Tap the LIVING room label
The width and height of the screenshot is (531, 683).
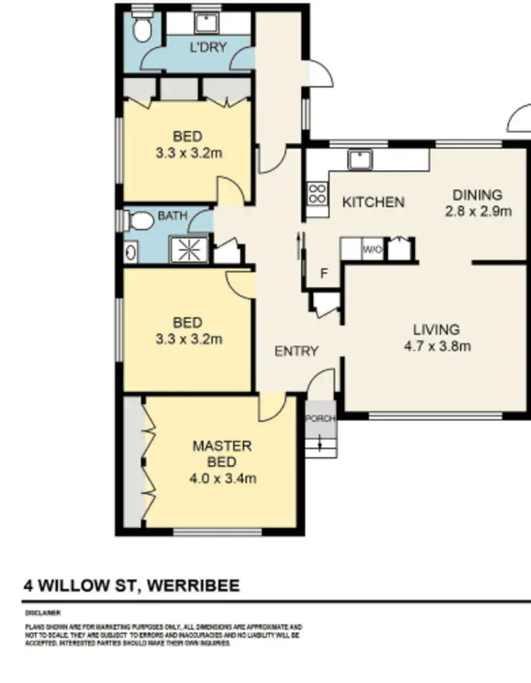click(x=436, y=329)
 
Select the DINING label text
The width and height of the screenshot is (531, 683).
click(x=477, y=195)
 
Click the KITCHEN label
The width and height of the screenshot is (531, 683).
click(x=373, y=203)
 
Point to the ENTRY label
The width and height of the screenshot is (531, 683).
click(x=297, y=351)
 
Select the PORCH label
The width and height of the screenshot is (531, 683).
click(x=320, y=419)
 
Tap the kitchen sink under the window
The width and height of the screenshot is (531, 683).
click(x=361, y=161)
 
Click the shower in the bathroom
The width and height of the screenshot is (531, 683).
click(x=189, y=249)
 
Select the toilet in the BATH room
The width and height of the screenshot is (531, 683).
click(x=141, y=223)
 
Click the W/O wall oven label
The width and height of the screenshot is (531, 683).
click(x=372, y=249)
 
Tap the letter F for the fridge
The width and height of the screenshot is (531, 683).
click(x=324, y=274)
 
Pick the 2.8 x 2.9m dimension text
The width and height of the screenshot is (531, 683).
click(x=477, y=211)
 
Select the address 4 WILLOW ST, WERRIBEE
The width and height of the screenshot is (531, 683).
click(x=132, y=586)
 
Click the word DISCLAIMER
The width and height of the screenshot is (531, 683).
click(x=43, y=612)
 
